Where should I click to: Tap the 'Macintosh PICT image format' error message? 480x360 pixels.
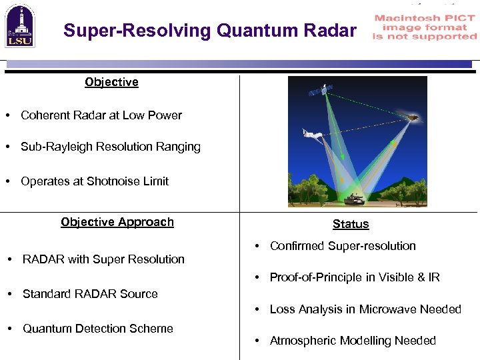425,27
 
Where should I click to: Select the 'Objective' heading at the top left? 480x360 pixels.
111,82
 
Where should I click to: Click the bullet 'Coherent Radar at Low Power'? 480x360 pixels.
101,115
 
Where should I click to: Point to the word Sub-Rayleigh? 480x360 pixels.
53,147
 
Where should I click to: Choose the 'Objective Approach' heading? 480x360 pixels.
117,222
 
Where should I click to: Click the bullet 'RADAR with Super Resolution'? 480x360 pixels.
103,259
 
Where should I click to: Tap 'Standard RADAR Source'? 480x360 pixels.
90,294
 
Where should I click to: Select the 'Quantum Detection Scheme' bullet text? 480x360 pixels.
97,329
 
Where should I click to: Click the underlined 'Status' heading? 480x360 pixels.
351,224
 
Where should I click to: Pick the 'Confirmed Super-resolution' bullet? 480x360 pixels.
342,246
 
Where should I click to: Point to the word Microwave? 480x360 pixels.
386,309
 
